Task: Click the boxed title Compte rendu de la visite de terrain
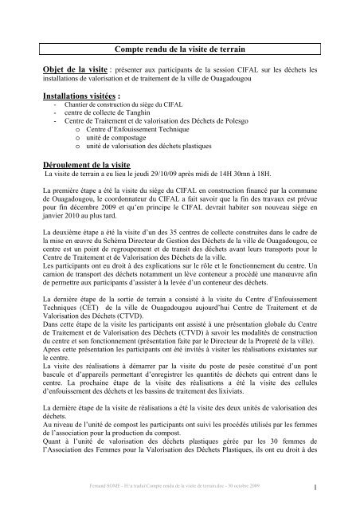(x=180, y=49)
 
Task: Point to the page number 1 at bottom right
(x=316, y=489)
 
